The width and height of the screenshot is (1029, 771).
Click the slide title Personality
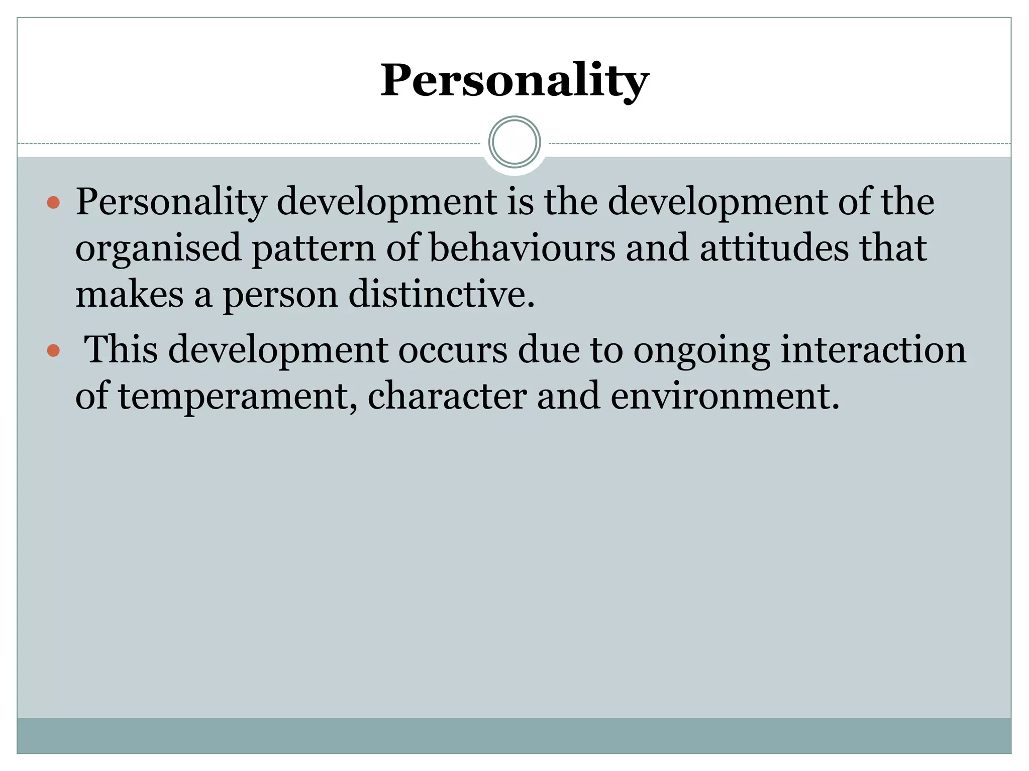pos(514,80)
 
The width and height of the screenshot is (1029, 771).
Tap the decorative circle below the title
pos(514,142)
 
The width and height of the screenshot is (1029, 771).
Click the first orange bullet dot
pos(53,203)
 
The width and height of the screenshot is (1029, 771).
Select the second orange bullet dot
pos(53,350)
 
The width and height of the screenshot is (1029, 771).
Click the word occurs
pos(453,350)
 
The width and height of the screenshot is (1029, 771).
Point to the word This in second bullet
pos(121,349)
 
